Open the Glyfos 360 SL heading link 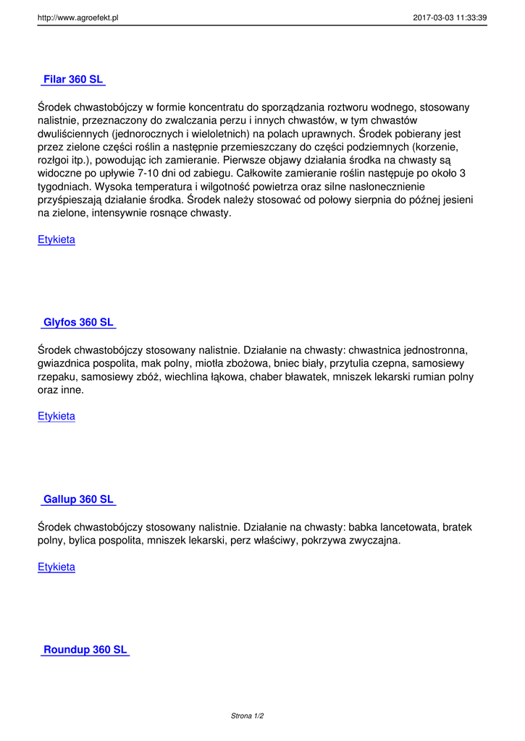[78, 322]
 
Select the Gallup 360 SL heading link [78, 499]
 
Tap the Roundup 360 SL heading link [85, 650]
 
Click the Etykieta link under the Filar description [56, 240]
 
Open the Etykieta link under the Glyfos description [56, 416]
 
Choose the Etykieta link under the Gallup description [56, 567]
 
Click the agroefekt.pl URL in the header [77, 18]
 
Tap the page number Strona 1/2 [247, 716]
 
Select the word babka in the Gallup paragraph [364, 527]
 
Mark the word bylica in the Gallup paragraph [82, 541]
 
